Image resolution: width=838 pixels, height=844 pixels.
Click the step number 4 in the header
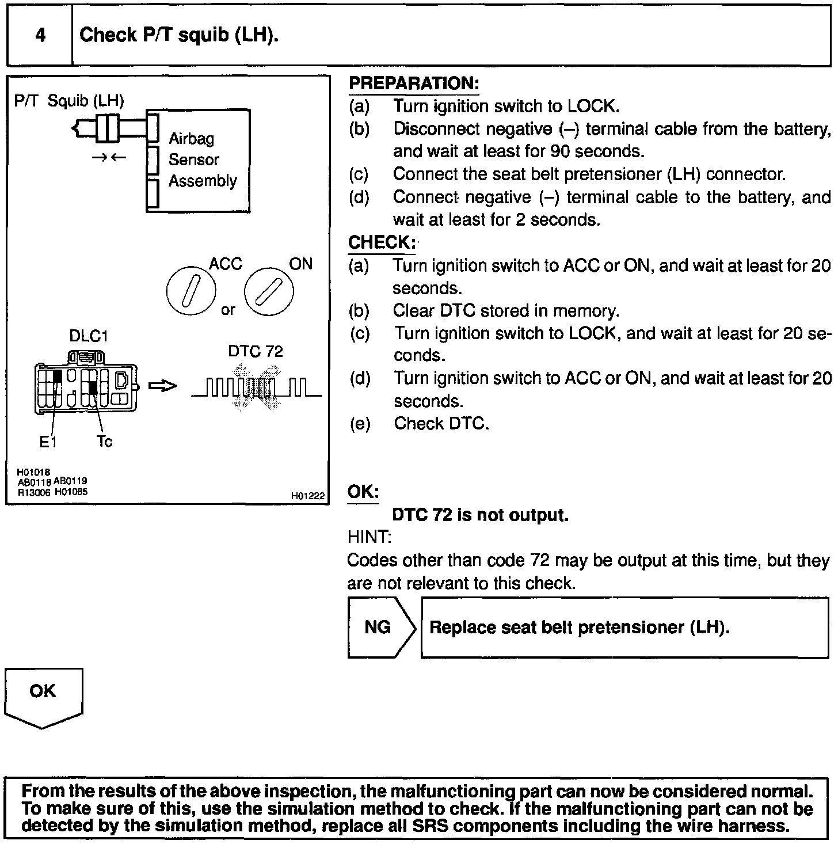pos(40,36)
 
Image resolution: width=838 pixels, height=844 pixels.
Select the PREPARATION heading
pos(413,83)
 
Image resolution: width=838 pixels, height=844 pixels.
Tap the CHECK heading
pos(381,243)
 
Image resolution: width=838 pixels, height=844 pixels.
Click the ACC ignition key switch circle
pos(191,292)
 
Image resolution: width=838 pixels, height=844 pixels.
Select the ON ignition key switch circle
pos(269,292)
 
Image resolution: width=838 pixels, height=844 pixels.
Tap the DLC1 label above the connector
pos(88,336)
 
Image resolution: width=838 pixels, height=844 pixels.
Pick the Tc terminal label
pos(104,442)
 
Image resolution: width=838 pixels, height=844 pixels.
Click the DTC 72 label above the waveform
pos(256,352)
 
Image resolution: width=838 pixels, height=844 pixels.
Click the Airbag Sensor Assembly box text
pos(202,159)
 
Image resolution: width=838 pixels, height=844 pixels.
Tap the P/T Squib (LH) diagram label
pos(69,101)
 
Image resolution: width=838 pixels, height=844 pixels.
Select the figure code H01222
pos(307,496)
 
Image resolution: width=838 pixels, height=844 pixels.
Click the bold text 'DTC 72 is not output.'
pos(480,515)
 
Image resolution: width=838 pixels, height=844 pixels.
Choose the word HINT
pos(369,538)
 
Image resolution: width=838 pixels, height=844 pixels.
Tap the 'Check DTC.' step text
pos(441,424)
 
